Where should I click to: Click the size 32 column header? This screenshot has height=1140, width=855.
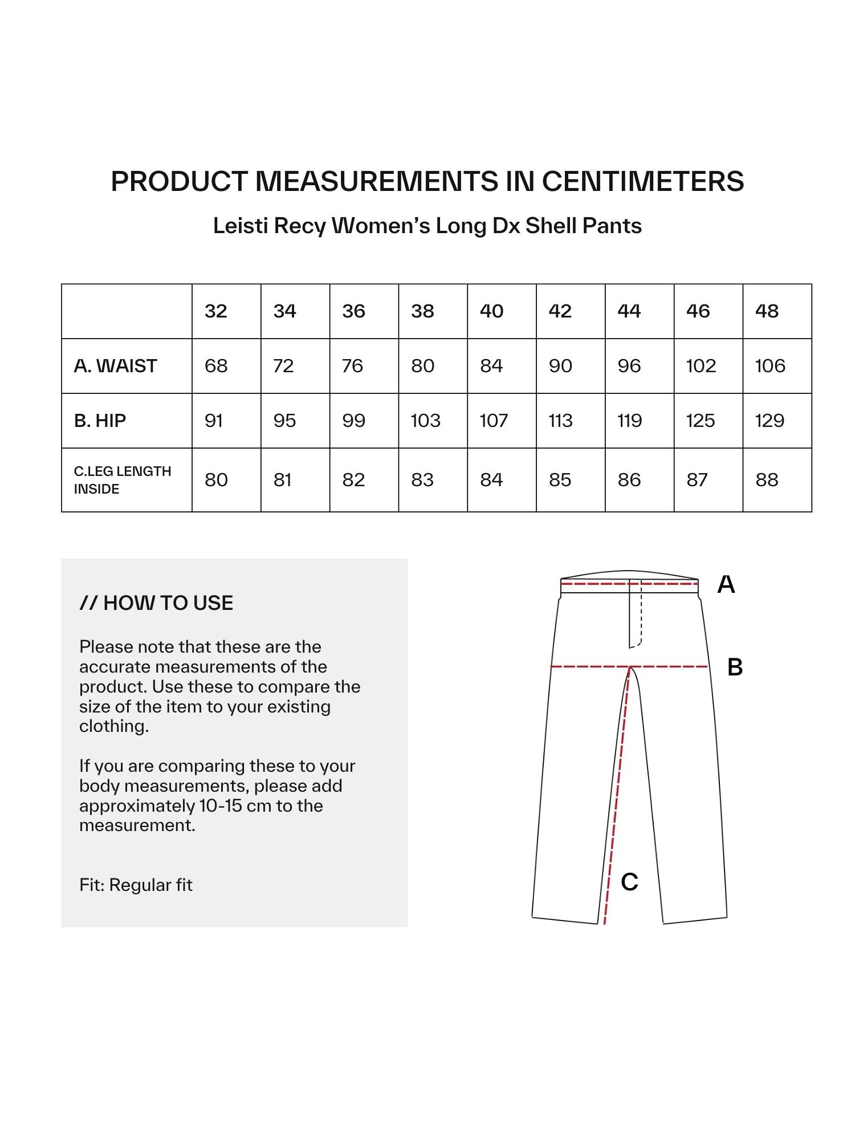click(216, 311)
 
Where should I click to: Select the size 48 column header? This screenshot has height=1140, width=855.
click(767, 311)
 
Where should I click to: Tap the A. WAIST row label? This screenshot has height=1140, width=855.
click(116, 366)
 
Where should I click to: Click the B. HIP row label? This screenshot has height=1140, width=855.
click(100, 421)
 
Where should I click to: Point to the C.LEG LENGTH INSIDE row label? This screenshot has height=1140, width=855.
click(123, 480)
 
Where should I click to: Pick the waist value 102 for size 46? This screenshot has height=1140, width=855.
click(701, 366)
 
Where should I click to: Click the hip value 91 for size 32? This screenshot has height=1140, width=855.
click(214, 421)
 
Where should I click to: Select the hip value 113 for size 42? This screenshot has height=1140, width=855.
click(560, 421)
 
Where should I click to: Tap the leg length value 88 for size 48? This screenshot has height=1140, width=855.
click(767, 480)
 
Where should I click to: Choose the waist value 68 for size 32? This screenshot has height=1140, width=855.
click(216, 366)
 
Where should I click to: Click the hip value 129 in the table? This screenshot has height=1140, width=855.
click(769, 421)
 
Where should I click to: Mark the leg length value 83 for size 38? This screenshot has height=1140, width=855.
click(422, 480)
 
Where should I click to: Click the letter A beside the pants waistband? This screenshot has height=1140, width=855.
click(726, 585)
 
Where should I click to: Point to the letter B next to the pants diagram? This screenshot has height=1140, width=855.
click(735, 667)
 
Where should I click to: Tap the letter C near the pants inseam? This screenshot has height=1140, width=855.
click(629, 882)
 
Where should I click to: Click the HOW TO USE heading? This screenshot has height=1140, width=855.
click(157, 603)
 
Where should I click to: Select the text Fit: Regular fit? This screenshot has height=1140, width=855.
click(136, 885)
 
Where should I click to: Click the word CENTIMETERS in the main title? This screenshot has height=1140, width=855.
click(642, 182)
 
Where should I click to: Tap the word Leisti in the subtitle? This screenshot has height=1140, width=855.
click(241, 226)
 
